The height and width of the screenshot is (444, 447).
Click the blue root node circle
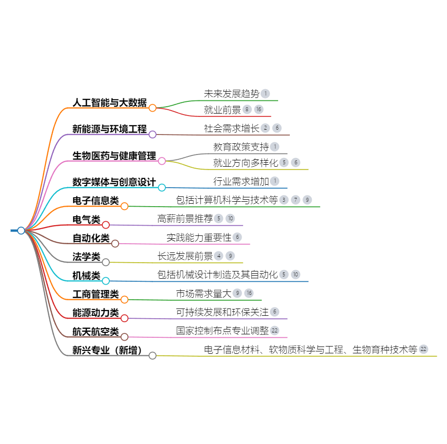pyautogui.click(x=21, y=231)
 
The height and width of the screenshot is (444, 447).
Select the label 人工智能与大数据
pyautogui.click(x=110, y=102)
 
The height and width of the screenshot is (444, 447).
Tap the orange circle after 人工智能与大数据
pyautogui.click(x=153, y=108)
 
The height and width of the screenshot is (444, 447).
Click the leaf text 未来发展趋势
pyautogui.click(x=231, y=94)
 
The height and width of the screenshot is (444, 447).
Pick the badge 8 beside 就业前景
pyautogui.click(x=247, y=109)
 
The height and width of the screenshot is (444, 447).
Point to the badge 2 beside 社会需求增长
pyautogui.click(x=265, y=128)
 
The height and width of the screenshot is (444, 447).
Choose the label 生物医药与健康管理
pyautogui.click(x=114, y=156)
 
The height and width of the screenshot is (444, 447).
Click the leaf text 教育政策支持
pyautogui.click(x=241, y=147)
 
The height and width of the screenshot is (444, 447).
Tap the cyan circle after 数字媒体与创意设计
pyautogui.click(x=162, y=188)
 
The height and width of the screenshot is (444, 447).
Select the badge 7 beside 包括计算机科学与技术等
pyautogui.click(x=296, y=200)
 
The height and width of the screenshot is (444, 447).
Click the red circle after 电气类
pyautogui.click(x=106, y=225)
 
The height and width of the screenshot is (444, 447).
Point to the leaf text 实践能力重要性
pyautogui.click(x=199, y=237)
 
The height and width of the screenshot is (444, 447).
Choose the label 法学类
pyautogui.click(x=86, y=256)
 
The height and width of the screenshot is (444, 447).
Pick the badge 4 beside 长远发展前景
pyautogui.click(x=219, y=256)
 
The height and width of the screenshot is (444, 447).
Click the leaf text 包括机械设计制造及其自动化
pyautogui.click(x=218, y=274)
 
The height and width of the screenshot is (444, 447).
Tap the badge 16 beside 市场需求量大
pyautogui.click(x=249, y=293)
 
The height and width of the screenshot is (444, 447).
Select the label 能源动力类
pyautogui.click(x=96, y=313)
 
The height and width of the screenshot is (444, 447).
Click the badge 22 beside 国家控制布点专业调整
pyautogui.click(x=275, y=330)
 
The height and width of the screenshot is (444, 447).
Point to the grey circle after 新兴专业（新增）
pyautogui.click(x=153, y=355)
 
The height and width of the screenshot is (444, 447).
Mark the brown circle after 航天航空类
pyautogui.click(x=124, y=337)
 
